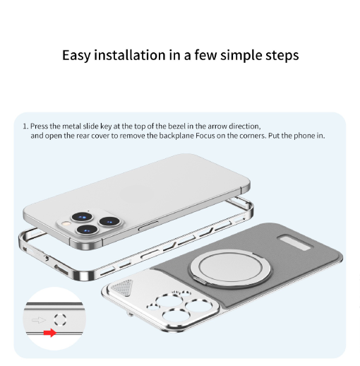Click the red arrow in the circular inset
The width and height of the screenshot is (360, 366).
[x=50, y=333]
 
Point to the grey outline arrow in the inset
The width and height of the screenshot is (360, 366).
[x=39, y=320]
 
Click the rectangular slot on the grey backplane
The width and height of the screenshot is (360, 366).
[x=296, y=242]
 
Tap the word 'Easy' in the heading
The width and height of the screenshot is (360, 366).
[x=76, y=55]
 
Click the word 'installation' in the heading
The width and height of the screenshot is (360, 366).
[x=130, y=55]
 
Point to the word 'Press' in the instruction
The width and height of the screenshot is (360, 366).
[x=39, y=126]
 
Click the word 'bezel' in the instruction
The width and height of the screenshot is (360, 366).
[x=176, y=126]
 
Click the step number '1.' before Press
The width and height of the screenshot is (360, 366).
[x=25, y=126]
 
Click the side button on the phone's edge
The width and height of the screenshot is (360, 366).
[x=148, y=225]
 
